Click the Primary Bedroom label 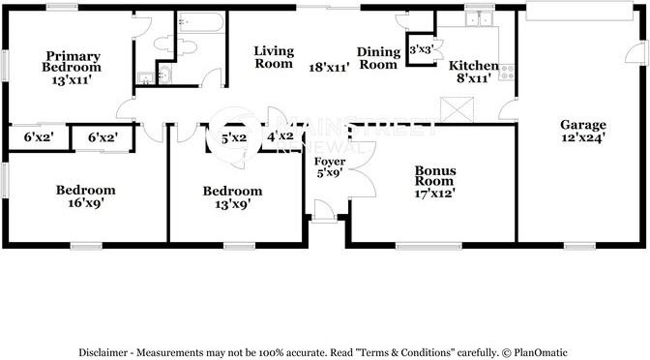pos(72,61)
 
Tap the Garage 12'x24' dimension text pos(583,137)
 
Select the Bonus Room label pos(435,176)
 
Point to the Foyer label pos(330,162)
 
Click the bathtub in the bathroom pos(200,22)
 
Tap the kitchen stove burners pos(507,73)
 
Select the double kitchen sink pos(479,18)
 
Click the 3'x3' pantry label pos(422,50)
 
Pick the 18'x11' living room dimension pos(330,67)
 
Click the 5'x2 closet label pos(234,138)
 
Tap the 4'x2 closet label pos(281,136)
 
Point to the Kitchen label pos(473,66)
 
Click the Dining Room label pos(378,58)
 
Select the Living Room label pos(274,57)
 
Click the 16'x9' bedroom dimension pos(86,203)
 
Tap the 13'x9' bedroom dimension pos(232,204)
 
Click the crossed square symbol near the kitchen pos(457,109)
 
